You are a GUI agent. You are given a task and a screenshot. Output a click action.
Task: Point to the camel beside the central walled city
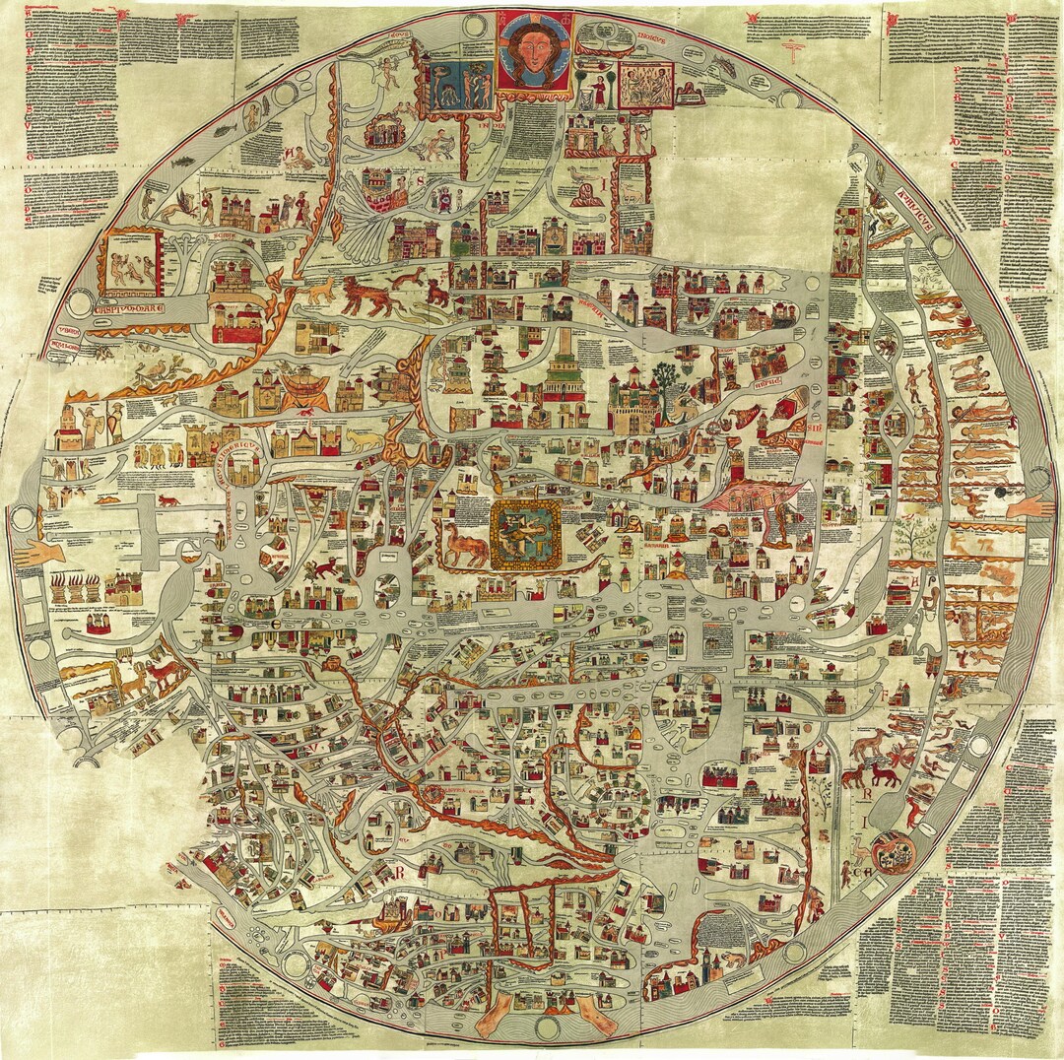click(464, 543)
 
